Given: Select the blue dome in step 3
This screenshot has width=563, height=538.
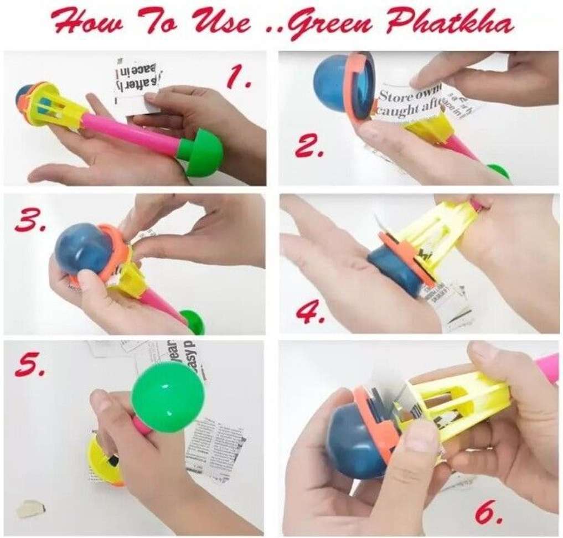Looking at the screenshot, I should point(83,249).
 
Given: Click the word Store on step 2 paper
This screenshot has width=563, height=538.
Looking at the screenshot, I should point(394,95).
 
